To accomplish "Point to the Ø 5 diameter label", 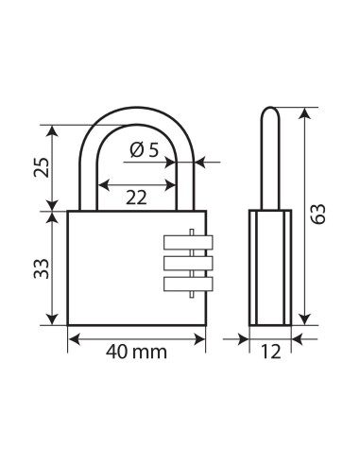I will point(146,149).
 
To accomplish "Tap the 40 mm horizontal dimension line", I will point(136,336).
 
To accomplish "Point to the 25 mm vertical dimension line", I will point(53,167).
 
